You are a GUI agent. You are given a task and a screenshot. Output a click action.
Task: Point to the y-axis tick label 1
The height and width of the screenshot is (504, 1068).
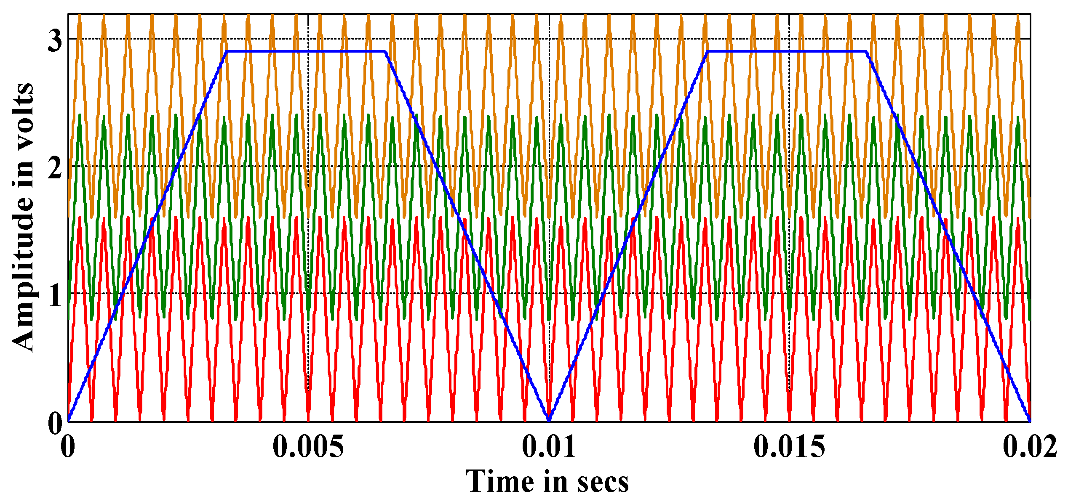(x=55, y=297)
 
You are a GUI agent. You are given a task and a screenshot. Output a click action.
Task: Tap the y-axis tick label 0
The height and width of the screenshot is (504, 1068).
(x=55, y=424)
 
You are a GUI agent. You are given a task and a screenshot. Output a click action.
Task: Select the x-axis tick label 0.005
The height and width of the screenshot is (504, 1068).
(x=308, y=446)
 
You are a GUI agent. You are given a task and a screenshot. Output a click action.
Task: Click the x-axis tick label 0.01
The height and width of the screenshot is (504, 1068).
(x=549, y=446)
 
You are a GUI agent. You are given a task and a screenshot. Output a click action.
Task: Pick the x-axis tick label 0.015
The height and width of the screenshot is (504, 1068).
(x=789, y=446)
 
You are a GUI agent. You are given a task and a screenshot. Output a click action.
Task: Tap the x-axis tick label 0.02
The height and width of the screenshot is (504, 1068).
(x=1029, y=446)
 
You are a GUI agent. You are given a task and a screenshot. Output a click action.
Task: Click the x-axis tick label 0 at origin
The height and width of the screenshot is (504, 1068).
(x=68, y=446)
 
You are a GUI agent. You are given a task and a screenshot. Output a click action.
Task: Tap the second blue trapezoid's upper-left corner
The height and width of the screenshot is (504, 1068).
(x=708, y=52)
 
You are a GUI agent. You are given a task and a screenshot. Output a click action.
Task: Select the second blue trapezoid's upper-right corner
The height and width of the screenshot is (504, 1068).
(x=866, y=52)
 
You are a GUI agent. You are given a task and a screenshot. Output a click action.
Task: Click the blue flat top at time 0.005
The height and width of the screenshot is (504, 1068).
(x=308, y=52)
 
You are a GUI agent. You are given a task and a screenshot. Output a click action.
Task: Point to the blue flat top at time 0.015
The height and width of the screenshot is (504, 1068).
(x=789, y=52)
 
